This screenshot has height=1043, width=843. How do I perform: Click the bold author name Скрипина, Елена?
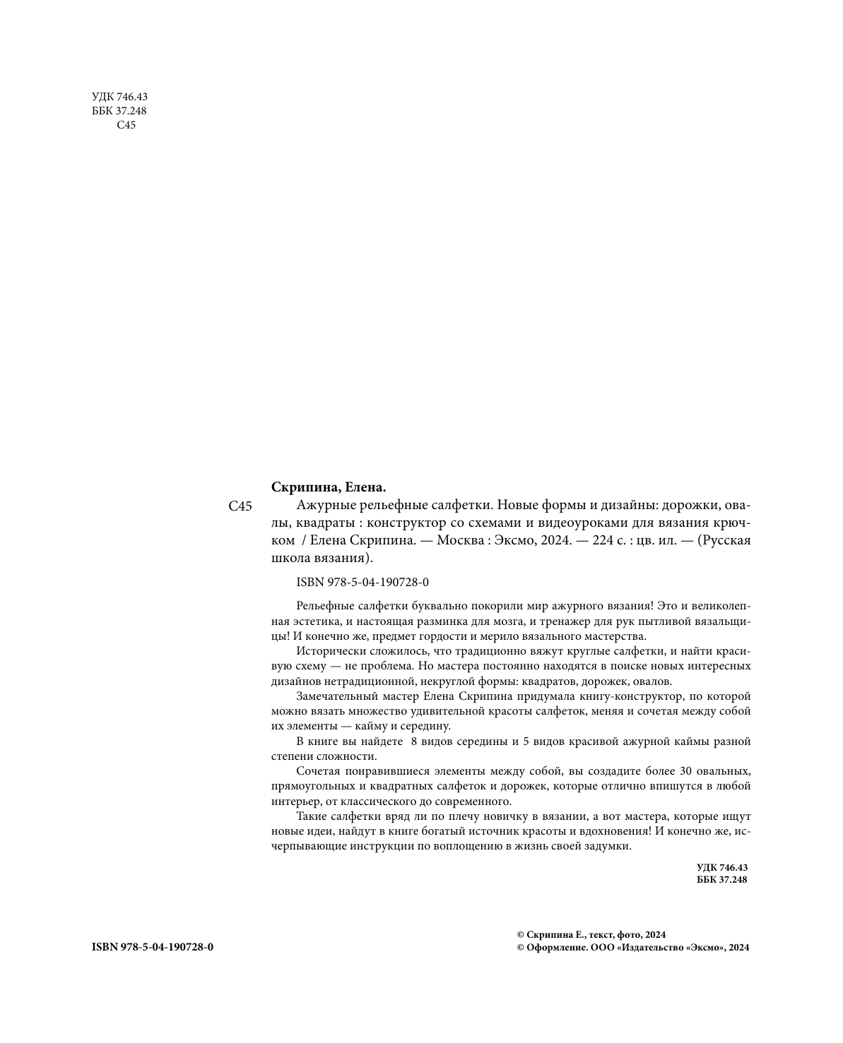[329, 487]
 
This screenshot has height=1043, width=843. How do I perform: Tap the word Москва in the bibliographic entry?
[461, 541]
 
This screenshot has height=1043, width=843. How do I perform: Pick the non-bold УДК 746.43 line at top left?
[119, 97]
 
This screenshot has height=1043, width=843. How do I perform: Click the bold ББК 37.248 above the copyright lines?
[721, 880]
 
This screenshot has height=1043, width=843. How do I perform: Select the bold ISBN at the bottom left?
[153, 947]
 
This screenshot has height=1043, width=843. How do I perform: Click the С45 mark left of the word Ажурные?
[241, 506]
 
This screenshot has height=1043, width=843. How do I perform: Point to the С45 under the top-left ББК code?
[126, 125]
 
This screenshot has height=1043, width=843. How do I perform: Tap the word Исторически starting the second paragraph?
[326, 651]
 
